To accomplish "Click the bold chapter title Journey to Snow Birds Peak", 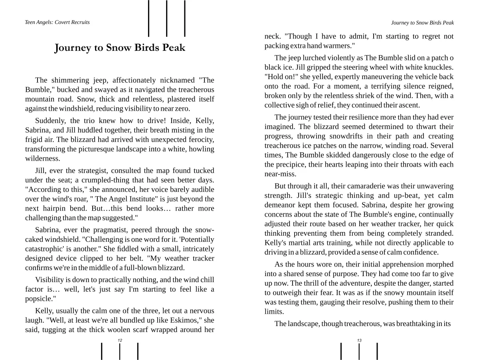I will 120,48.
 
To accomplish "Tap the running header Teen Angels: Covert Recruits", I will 57,22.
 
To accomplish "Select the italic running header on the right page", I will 422,23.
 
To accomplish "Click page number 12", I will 120,340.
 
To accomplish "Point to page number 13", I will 359,340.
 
